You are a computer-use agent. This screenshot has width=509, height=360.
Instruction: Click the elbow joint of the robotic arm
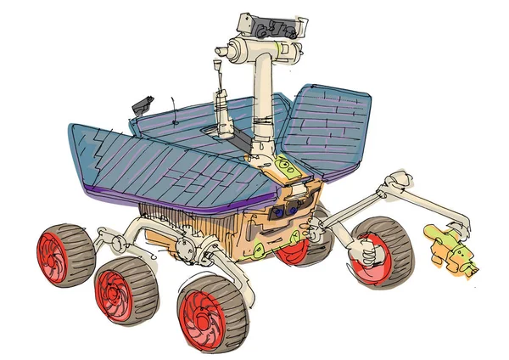pos(398,182)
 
